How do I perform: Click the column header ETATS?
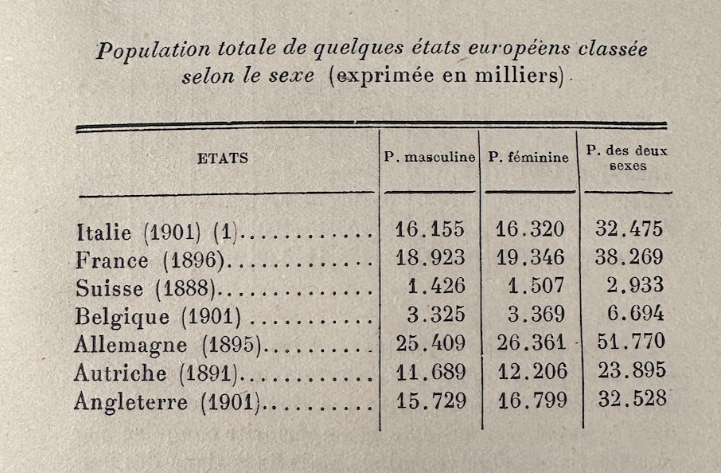coord(223,158)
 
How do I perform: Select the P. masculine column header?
coord(430,157)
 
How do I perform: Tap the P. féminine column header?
coord(528,157)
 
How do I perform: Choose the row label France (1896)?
coord(150,260)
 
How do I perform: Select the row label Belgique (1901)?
coord(158,316)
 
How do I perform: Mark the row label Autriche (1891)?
coord(155,373)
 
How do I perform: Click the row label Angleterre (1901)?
coord(166,401)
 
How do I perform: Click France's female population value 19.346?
coord(530,257)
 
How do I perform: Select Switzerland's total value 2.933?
coord(629,285)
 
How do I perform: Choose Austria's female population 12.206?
coord(531,371)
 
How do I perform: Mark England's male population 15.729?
coord(431,399)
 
